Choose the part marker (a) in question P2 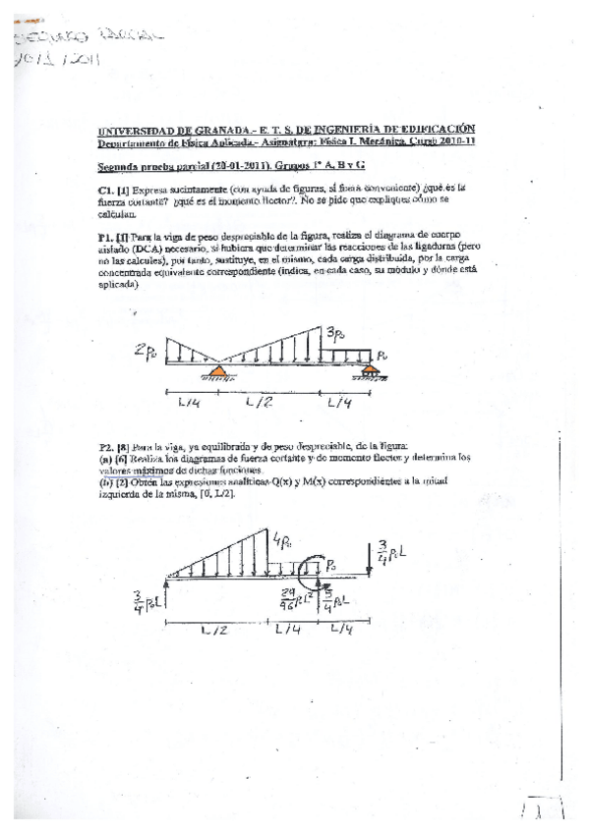coord(102,458)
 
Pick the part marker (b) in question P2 coord(102,479)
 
